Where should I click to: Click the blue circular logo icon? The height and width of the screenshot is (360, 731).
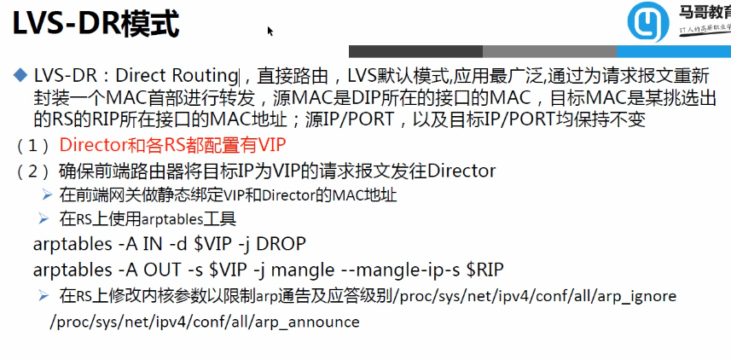pos(647,24)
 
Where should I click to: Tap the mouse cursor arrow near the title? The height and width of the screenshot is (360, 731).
pos(270,31)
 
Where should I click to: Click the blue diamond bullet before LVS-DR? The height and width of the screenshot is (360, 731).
pos(21,76)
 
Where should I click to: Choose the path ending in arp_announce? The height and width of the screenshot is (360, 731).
pos(205,322)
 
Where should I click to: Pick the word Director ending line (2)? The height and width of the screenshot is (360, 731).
pos(461,171)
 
